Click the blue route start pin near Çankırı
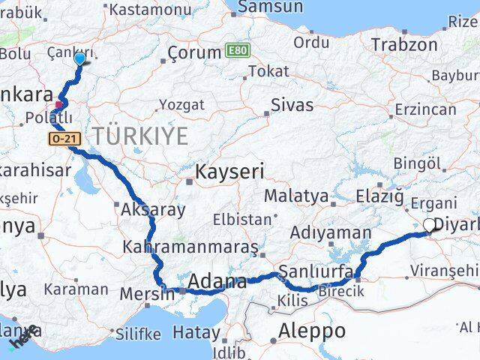pos(79,59)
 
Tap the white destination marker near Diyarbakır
pos(430,224)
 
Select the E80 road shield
pos(235,52)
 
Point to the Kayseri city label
pos(229,172)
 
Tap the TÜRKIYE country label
pos(140,136)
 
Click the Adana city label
pos(217,282)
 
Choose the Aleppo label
pos(312,330)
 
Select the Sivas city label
pos(292,103)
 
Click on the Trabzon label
pos(404,44)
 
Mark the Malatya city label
pos(295,196)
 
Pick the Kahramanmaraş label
pos(190,247)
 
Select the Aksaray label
pos(153,209)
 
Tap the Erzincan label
pos(425,109)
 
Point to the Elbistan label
pos(241,220)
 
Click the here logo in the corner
pos(25,337)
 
